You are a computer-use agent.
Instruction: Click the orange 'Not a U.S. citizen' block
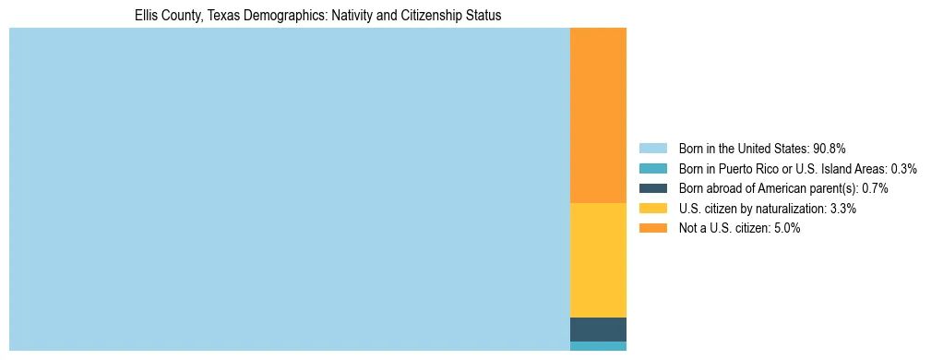[x=598, y=115]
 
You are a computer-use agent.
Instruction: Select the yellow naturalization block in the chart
[x=598, y=259]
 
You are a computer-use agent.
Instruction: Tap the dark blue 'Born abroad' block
[x=598, y=330]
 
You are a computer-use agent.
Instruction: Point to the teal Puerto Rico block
[x=598, y=346]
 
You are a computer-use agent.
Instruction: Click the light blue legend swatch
[x=652, y=148]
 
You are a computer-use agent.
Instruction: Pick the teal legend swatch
[x=652, y=168]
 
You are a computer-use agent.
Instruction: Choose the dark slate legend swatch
[x=652, y=188]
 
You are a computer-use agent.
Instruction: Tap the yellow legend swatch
[x=652, y=209]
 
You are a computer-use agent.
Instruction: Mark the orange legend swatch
[x=652, y=228]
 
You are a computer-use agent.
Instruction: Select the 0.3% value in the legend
[x=903, y=168]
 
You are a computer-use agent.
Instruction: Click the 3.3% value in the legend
[x=843, y=209]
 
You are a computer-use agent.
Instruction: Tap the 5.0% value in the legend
[x=787, y=228]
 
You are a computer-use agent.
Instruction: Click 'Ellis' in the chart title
[x=148, y=16]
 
